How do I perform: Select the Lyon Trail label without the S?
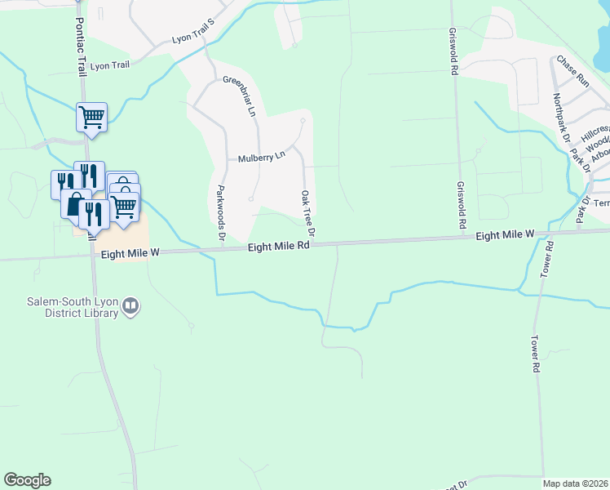tap(110, 65)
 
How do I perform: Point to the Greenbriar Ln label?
tap(239, 96)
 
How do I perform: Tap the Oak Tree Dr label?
tap(307, 214)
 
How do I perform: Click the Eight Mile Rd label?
tap(280, 245)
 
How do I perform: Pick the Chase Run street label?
tap(572, 70)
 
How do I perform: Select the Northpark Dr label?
tap(560, 118)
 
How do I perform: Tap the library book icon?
tap(130, 308)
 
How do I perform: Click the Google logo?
tap(27, 480)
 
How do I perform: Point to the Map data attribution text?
tap(575, 483)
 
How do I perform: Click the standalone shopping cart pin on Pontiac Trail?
tap(91, 117)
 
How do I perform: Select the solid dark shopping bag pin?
tap(74, 204)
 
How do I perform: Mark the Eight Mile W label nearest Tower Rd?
tap(505, 235)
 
